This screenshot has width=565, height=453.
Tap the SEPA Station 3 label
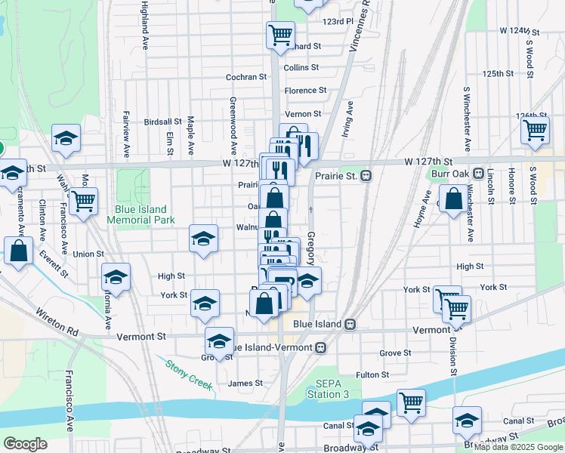pyautogui.click(x=328, y=388)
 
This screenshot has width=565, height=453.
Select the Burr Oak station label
pyautogui.click(x=452, y=174)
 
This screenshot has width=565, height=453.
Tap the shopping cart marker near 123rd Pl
pyautogui.click(x=279, y=35)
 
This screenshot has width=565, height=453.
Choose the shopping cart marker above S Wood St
pyautogui.click(x=535, y=130)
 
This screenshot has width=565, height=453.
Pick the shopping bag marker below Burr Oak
pyautogui.click(x=454, y=200)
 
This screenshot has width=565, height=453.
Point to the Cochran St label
pyautogui.click(x=246, y=77)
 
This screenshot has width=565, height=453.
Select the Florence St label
pyautogui.click(x=305, y=91)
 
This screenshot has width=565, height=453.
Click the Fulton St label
pyautogui.click(x=372, y=374)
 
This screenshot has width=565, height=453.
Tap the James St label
pyautogui.click(x=245, y=383)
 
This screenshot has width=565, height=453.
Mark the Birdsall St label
pyautogui.click(x=162, y=122)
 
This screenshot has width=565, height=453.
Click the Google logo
pyautogui.click(x=26, y=444)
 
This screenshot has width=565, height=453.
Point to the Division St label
pyautogui.click(x=454, y=355)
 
